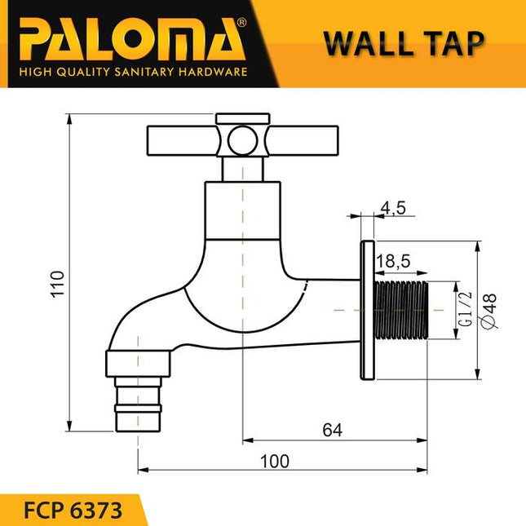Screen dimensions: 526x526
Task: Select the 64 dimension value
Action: tap(329, 430)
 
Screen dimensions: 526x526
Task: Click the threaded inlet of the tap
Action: tap(403, 310)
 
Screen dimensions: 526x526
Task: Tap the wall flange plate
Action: tap(367, 310)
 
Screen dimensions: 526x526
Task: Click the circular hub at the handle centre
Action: tap(241, 142)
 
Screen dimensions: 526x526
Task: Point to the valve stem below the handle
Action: tap(242, 169)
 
